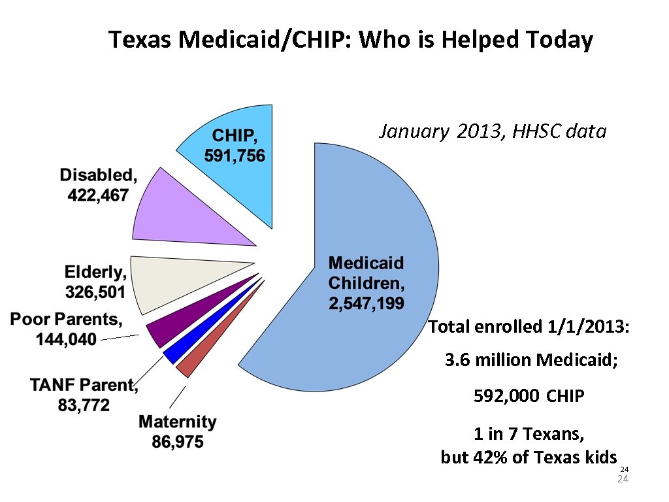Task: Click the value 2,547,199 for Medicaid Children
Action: (x=366, y=303)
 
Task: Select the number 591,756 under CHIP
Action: (x=235, y=156)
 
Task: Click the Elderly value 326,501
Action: (x=95, y=291)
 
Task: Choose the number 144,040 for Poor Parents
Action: (x=65, y=339)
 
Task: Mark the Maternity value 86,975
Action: (x=178, y=443)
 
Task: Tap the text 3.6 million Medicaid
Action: (x=530, y=360)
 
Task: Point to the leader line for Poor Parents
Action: (x=120, y=337)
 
